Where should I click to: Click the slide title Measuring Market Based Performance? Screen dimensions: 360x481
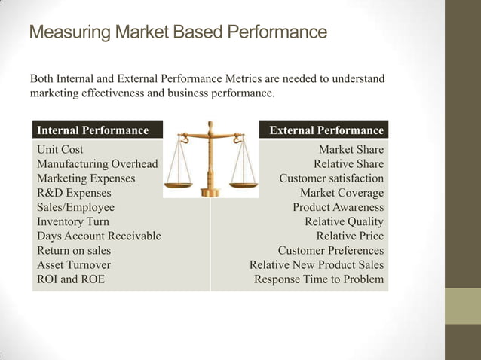[x=178, y=33]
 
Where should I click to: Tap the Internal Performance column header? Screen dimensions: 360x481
[x=93, y=130]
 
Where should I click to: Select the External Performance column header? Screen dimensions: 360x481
[x=326, y=130]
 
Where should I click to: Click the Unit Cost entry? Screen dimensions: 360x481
[x=60, y=150]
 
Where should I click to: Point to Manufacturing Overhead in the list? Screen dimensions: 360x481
[x=97, y=164]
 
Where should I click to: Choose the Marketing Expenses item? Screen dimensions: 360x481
[x=86, y=178]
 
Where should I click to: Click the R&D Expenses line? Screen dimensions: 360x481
[x=74, y=193]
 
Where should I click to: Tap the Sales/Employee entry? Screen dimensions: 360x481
[x=75, y=207]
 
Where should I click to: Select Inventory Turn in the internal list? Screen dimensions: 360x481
[x=72, y=221]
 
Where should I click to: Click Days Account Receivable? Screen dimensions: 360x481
[x=99, y=236]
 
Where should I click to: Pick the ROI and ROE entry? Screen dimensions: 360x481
[x=71, y=279]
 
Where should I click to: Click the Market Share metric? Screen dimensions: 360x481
[x=351, y=150]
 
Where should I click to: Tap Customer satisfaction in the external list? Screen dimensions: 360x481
[x=331, y=178]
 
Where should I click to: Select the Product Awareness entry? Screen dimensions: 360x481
[x=338, y=207]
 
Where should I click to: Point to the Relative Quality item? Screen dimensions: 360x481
[x=344, y=221]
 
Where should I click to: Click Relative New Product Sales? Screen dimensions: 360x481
[x=316, y=264]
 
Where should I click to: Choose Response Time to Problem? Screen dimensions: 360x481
[x=318, y=279]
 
